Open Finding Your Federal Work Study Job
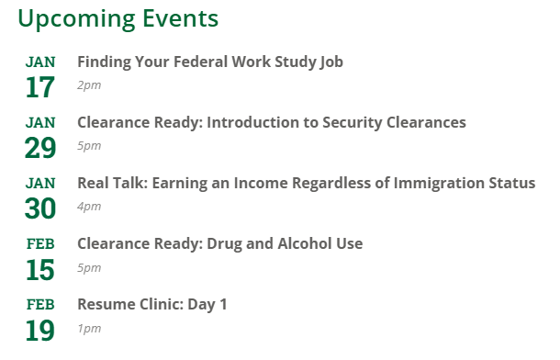(210, 62)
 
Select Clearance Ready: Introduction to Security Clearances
(272, 123)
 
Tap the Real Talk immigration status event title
(306, 184)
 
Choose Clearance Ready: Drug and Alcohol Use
(220, 244)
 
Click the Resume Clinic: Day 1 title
(151, 305)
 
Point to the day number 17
(40, 87)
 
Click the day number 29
(40, 148)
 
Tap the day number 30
(40, 208)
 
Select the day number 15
(40, 269)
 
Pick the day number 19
(40, 330)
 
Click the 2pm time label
(89, 85)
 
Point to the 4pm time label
(89, 207)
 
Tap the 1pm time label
(89, 328)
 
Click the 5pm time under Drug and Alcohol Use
(89, 267)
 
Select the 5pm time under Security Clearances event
(89, 146)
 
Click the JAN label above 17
(40, 62)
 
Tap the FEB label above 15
(40, 244)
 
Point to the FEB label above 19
(40, 305)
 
